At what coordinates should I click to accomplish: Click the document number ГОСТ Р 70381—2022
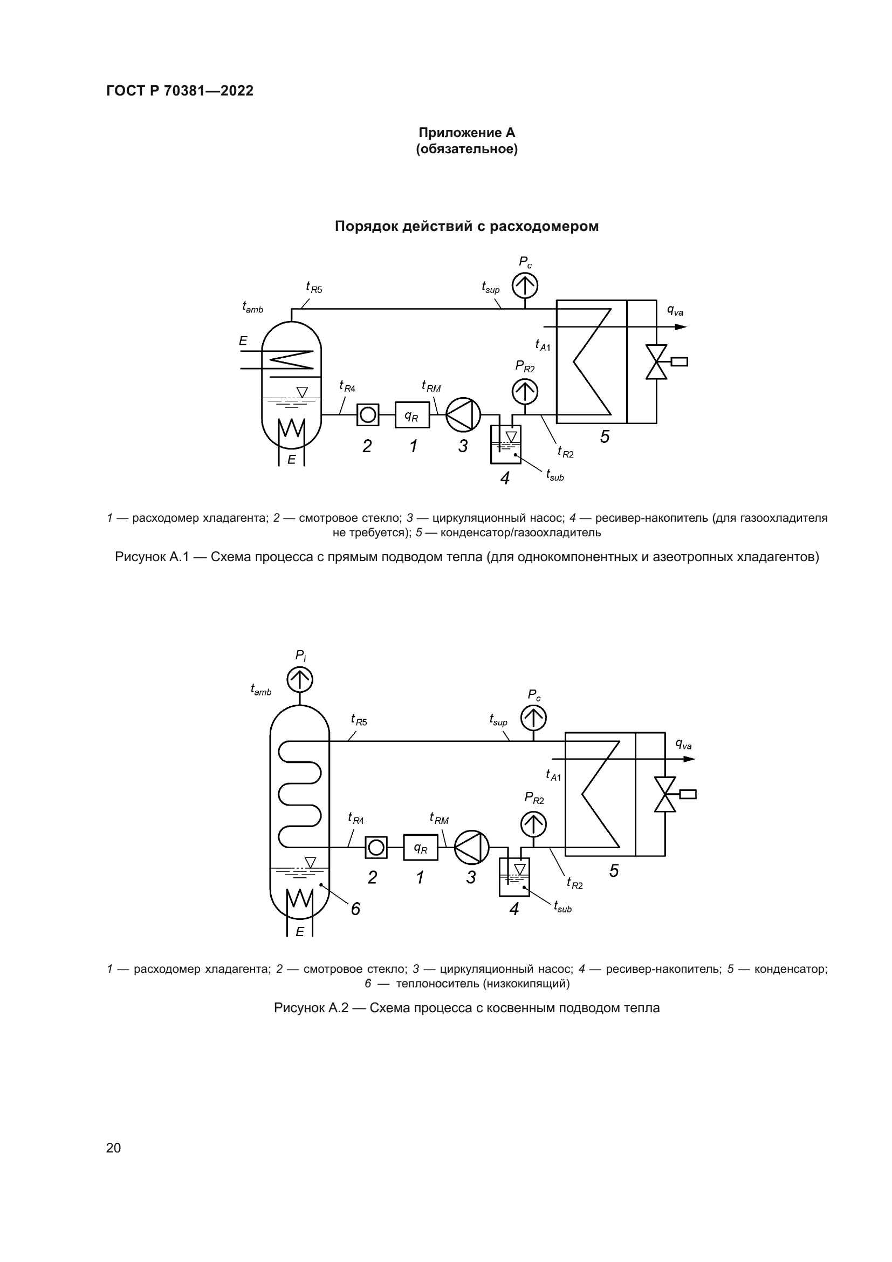pos(180,91)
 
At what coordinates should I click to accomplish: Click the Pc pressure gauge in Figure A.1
pos(525,285)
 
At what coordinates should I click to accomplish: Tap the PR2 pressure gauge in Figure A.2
pos(533,824)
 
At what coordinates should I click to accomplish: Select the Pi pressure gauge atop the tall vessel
pos(300,680)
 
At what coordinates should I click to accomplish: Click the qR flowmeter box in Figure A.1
pos(412,414)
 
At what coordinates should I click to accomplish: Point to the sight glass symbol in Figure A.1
pos(367,414)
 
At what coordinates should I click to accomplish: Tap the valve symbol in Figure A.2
pos(665,794)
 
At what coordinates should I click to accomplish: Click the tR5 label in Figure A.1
pos(314,287)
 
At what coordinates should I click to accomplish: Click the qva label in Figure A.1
pos(675,311)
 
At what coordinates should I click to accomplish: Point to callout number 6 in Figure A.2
pos(355,909)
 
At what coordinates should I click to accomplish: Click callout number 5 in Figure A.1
pos(605,437)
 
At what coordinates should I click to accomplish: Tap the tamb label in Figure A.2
pos(261,689)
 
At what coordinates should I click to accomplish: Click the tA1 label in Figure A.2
pos(553,774)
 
